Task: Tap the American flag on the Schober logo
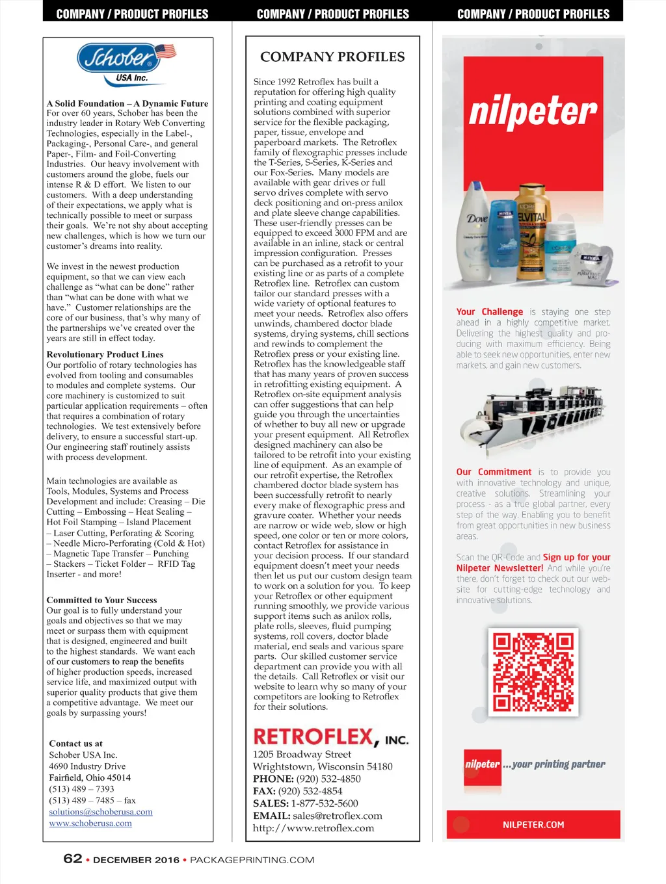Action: point(165,51)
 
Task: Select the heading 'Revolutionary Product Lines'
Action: point(105,354)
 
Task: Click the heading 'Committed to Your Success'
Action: point(101,600)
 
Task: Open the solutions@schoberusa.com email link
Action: point(101,812)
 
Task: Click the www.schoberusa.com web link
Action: point(90,824)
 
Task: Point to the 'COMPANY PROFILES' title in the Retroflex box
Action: point(332,57)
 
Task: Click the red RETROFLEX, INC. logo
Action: point(330,737)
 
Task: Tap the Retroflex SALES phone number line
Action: point(305,803)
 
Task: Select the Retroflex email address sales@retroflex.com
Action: point(338,816)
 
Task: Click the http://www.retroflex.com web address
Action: point(313,828)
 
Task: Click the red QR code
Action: point(533,672)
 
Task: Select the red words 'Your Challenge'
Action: point(489,312)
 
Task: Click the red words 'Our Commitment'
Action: point(494,472)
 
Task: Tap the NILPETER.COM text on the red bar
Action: point(533,825)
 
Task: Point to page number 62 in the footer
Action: point(73,859)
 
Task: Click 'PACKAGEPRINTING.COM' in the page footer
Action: point(252,860)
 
